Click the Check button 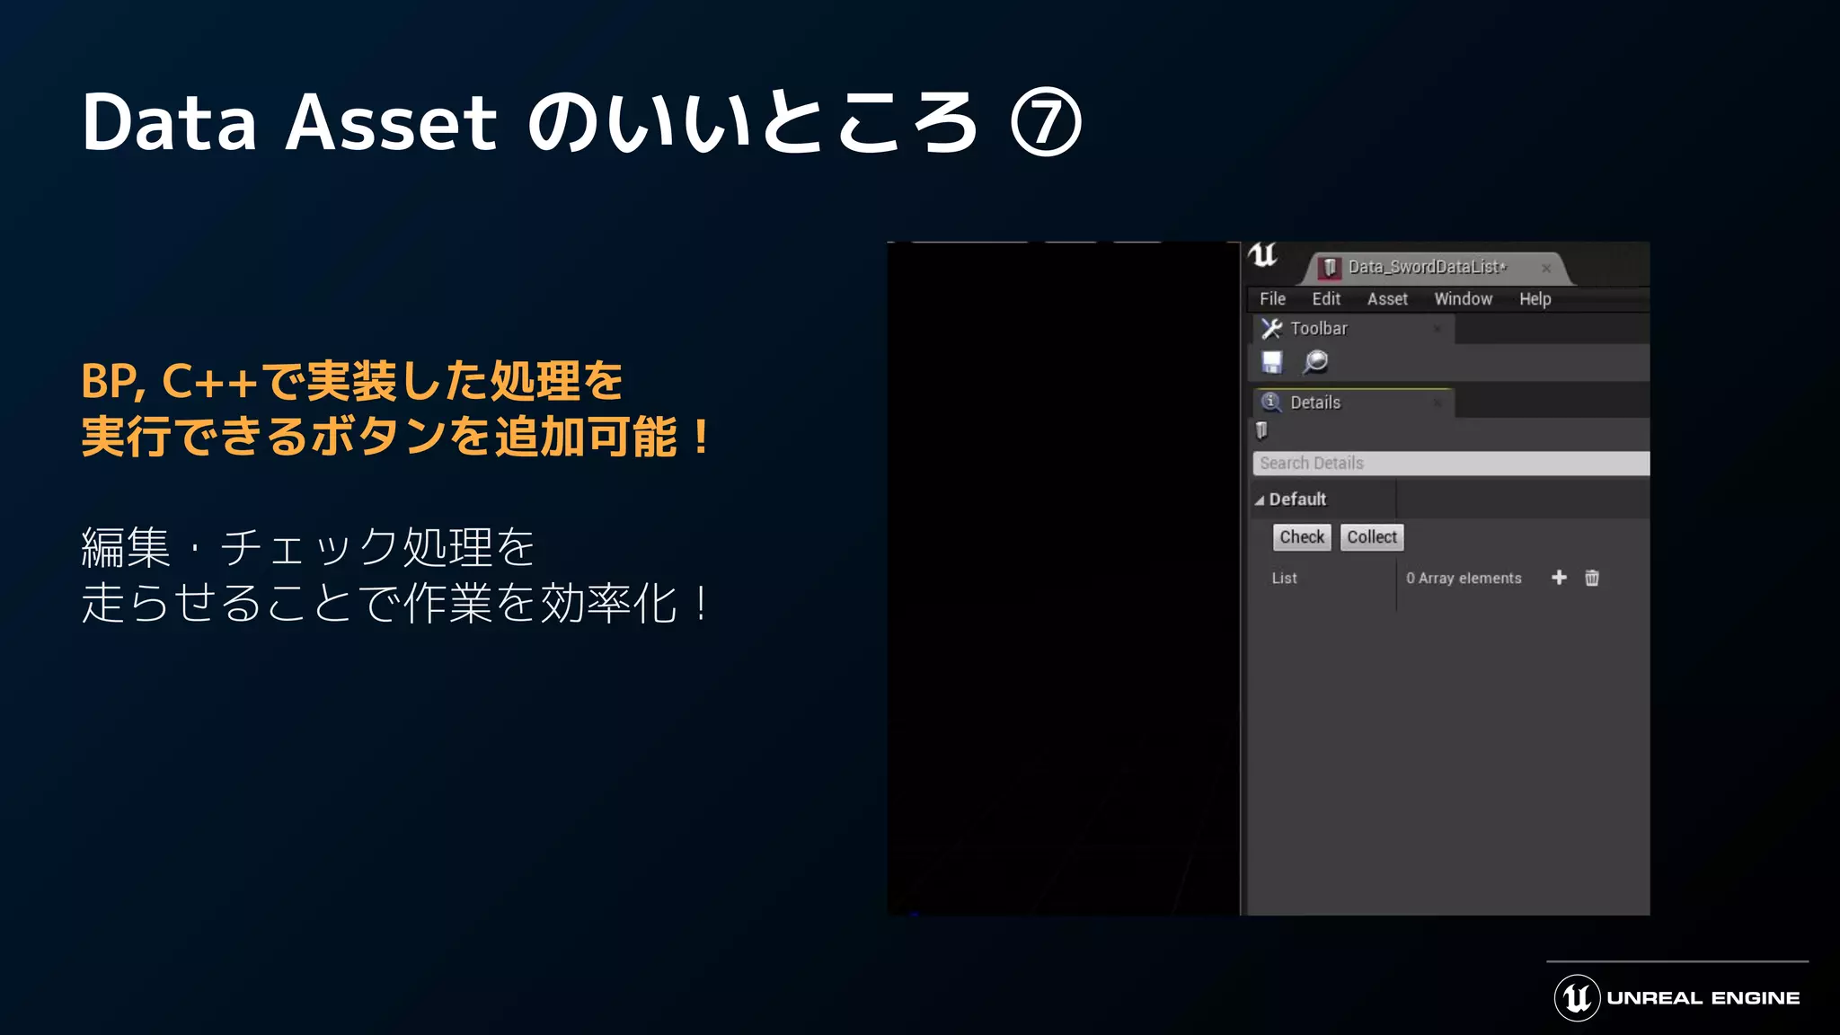tap(1302, 537)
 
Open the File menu tap(1272, 299)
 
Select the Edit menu tap(1326, 299)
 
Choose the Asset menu tap(1387, 299)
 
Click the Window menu tap(1463, 299)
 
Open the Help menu tap(1535, 299)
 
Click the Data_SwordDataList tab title tap(1426, 267)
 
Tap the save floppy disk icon tap(1272, 362)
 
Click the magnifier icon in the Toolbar tap(1315, 362)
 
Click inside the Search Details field tap(1450, 464)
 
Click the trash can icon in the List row tap(1592, 578)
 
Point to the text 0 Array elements tap(1464, 579)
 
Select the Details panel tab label tap(1315, 402)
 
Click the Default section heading tap(1297, 500)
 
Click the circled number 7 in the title tap(1046, 123)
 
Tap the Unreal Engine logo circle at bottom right tap(1577, 998)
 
